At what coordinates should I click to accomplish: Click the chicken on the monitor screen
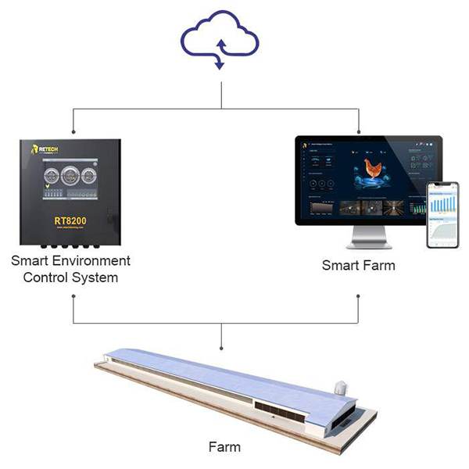click(x=374, y=168)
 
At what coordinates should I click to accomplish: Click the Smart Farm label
click(x=359, y=266)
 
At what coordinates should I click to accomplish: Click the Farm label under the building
click(x=224, y=448)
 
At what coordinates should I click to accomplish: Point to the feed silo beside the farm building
click(x=342, y=387)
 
